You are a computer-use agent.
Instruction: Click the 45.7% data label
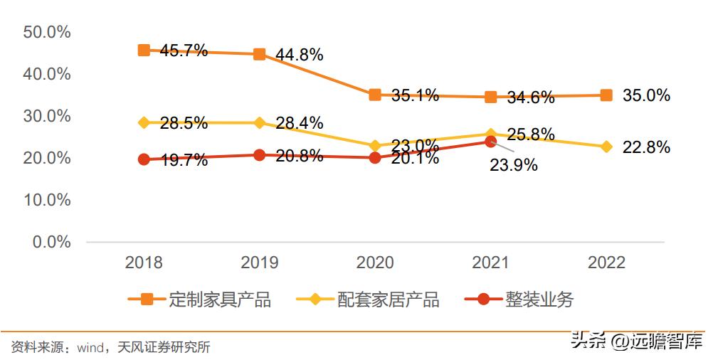[184, 51]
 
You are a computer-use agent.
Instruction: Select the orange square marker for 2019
[260, 54]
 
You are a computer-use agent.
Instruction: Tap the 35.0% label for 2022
[646, 95]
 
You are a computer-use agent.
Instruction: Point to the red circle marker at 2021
[490, 142]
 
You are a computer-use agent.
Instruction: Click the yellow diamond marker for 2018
[144, 122]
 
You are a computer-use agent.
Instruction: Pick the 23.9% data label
[513, 165]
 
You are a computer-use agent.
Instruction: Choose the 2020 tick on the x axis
[375, 263]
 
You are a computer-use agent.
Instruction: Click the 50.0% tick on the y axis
[47, 32]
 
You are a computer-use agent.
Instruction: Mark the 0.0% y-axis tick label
[51, 242]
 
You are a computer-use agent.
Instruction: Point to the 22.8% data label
[646, 147]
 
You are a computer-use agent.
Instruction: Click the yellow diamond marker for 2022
[606, 147]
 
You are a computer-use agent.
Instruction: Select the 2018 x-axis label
[144, 263]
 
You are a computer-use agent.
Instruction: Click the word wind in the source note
[90, 348]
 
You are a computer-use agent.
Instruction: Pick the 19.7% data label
[184, 160]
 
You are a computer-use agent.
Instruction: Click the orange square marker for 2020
[375, 95]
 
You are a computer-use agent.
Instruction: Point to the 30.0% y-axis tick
[47, 116]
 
